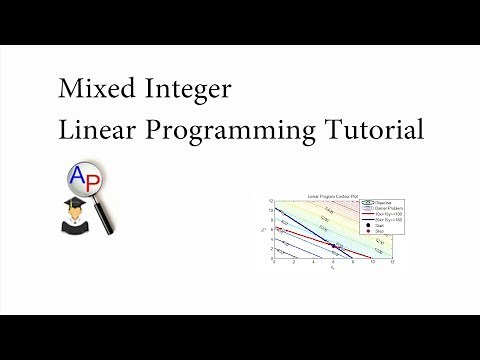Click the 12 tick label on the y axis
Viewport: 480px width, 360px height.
269,200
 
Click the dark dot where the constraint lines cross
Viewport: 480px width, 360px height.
333,245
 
